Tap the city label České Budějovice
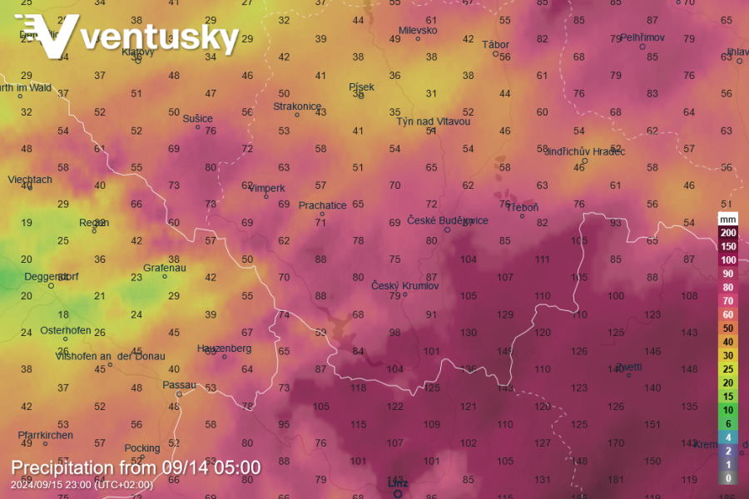coord(448,220)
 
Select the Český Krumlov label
coord(404,286)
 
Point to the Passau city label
coord(179,385)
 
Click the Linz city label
coord(399,483)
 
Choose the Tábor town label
coord(495,45)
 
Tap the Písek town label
coord(361,86)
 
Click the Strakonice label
coord(297,106)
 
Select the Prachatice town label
coord(322,205)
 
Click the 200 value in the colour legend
coord(728,232)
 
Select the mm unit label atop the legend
coord(728,219)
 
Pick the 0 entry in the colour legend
coord(728,478)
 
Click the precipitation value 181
coord(616,480)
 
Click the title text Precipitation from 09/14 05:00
coord(136,467)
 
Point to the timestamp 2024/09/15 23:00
coord(82,485)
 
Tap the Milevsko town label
coord(418,31)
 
